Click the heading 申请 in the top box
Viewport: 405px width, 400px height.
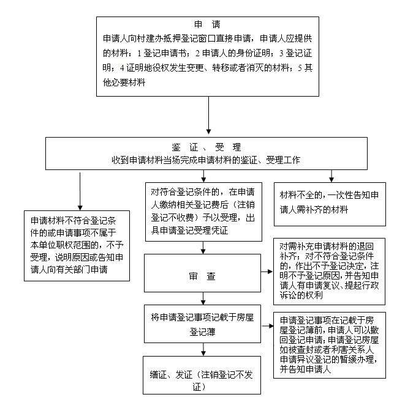click(x=207, y=24)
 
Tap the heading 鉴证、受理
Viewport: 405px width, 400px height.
click(x=206, y=147)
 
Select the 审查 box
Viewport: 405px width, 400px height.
click(x=202, y=273)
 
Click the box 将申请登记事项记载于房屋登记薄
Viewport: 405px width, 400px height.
click(x=202, y=324)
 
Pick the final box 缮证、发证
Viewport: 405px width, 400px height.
click(x=202, y=376)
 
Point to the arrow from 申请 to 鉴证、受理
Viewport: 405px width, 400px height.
click(x=209, y=115)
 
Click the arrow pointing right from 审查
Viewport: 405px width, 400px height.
click(x=267, y=272)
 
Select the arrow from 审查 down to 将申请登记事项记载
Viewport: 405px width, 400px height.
click(x=203, y=298)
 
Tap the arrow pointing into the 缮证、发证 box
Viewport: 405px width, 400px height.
click(x=203, y=349)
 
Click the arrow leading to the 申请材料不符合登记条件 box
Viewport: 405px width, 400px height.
click(x=80, y=191)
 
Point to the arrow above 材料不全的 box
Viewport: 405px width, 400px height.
click(x=331, y=176)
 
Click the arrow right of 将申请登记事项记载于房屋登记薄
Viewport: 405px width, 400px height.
click(x=268, y=326)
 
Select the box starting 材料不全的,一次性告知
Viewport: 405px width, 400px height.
click(x=330, y=204)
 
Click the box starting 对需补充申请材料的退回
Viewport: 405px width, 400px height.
click(x=329, y=272)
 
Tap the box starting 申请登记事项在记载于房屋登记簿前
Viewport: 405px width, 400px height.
click(x=330, y=346)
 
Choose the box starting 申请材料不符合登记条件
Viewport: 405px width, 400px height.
click(x=77, y=246)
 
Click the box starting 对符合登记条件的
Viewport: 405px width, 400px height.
click(x=203, y=212)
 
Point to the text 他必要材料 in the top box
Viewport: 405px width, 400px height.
click(x=124, y=83)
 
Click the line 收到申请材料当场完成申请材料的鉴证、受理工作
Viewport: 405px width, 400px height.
click(x=206, y=160)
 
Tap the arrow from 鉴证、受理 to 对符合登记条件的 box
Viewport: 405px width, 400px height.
click(x=203, y=176)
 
